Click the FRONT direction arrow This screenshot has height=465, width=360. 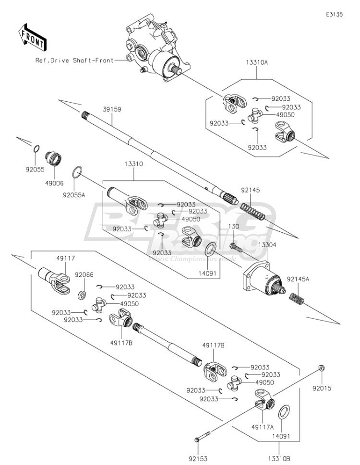pos(32,37)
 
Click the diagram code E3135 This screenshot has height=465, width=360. pos(334,14)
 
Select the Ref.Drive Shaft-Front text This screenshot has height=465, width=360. pos(74,60)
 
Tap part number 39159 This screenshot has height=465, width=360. pos(112,109)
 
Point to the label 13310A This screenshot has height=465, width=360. pos(256,62)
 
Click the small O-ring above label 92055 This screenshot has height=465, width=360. pos(36,149)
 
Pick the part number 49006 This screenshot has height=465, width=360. pos(54,183)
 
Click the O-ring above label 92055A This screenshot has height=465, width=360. pos(77,172)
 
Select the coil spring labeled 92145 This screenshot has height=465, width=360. pos(252,212)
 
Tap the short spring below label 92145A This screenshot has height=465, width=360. pos(297,298)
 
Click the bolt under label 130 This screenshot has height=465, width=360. pos(236,247)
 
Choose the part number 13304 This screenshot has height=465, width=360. pos(267,245)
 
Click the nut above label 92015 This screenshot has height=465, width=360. pos(321,368)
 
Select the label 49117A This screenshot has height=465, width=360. pos(263,427)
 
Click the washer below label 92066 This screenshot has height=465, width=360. pos(82,296)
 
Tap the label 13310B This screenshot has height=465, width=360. pos(279,459)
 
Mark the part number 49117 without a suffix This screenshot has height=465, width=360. pos(66,258)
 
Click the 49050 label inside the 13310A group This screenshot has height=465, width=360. pos(285,115)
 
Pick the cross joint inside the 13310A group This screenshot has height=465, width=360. pos(255,116)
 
